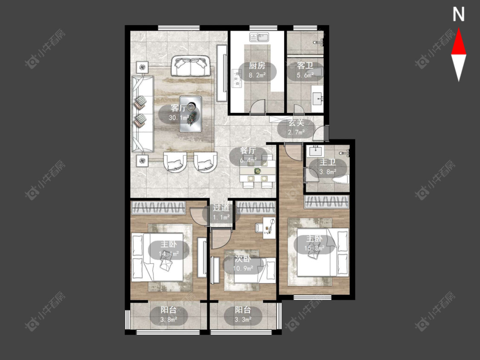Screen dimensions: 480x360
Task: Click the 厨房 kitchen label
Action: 257,66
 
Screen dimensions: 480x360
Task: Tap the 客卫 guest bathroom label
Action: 305,66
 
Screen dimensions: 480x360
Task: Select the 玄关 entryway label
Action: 297,123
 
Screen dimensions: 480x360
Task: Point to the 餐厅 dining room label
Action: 248,151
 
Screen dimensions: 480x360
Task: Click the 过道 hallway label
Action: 221,208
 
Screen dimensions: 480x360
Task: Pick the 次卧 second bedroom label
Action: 243,259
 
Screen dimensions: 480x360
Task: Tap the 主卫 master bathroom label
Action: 328,162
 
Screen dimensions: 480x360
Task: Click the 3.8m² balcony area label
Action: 169,320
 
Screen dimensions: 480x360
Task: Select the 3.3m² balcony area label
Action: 243,320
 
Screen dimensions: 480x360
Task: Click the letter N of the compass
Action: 459,15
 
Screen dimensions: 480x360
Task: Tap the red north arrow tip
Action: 459,29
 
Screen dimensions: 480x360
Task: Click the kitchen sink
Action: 259,37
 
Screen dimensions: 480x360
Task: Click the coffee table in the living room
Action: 191,114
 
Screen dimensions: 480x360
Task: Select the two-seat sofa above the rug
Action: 191,66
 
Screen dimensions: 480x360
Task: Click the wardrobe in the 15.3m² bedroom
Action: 327,202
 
